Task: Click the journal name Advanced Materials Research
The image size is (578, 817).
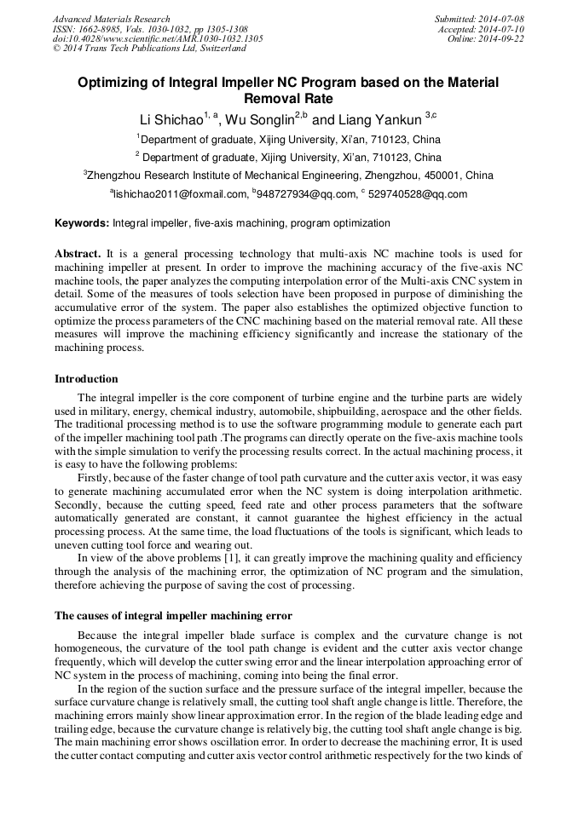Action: coord(111,19)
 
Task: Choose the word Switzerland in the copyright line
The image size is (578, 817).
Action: coord(223,49)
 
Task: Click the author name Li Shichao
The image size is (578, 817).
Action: coord(171,120)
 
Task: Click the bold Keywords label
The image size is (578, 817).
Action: coord(82,223)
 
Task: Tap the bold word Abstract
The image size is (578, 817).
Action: coord(78,254)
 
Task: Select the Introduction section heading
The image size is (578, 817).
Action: coord(86,378)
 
